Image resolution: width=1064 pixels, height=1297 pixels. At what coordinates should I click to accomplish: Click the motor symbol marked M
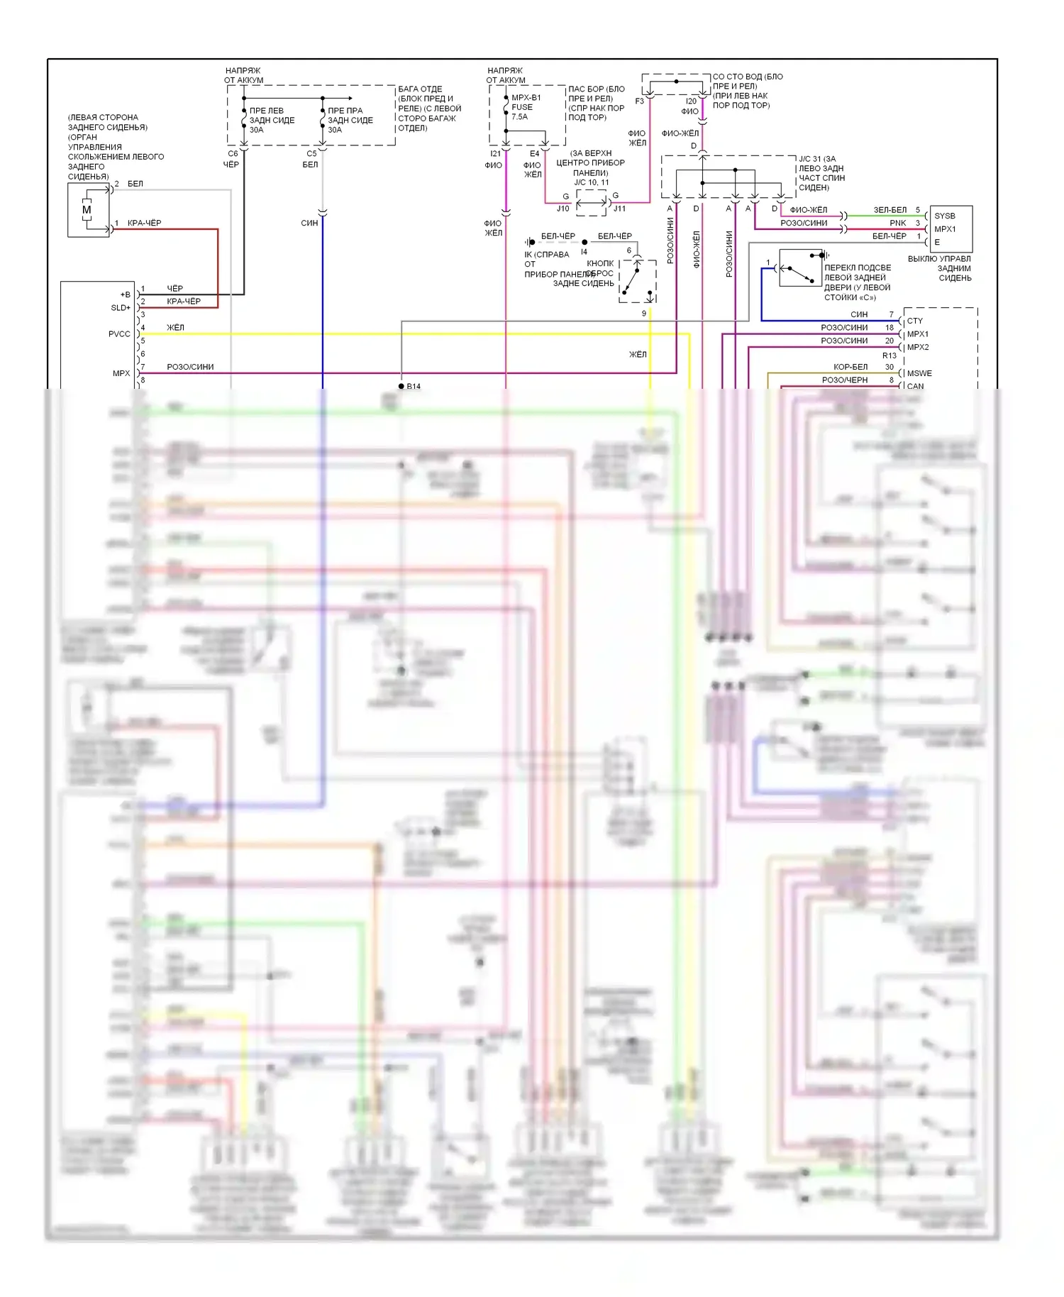pyautogui.click(x=87, y=210)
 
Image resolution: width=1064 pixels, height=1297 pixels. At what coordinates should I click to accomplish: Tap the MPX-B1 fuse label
pyautogui.click(x=526, y=98)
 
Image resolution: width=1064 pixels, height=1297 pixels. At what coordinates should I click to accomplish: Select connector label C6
pyautogui.click(x=233, y=153)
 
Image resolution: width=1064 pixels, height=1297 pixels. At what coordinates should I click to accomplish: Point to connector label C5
pyautogui.click(x=311, y=153)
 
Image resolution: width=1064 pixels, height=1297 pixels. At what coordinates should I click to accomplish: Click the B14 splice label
pyautogui.click(x=413, y=387)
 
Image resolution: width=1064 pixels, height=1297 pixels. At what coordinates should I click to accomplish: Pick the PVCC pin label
pyautogui.click(x=119, y=334)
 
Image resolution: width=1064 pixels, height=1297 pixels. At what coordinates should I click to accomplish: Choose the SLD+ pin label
pyautogui.click(x=121, y=308)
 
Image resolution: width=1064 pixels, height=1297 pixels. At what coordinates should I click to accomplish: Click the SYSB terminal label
pyautogui.click(x=944, y=216)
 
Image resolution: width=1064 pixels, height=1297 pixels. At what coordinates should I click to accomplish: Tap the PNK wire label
pyautogui.click(x=897, y=223)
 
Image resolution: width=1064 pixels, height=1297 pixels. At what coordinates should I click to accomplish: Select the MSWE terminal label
pyautogui.click(x=919, y=373)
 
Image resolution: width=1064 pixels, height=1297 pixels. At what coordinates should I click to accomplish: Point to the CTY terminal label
pyautogui.click(x=914, y=321)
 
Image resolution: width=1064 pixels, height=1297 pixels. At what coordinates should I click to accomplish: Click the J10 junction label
pyautogui.click(x=563, y=209)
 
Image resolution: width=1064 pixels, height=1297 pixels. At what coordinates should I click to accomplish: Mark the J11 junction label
pyautogui.click(x=619, y=209)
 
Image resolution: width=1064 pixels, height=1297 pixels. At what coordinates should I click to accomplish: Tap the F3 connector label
pyautogui.click(x=639, y=101)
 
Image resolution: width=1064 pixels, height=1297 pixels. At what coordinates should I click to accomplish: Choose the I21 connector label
pyautogui.click(x=495, y=153)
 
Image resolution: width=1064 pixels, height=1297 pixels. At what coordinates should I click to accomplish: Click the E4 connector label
pyautogui.click(x=534, y=153)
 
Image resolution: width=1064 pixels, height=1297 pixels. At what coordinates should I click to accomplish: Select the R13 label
pyautogui.click(x=889, y=355)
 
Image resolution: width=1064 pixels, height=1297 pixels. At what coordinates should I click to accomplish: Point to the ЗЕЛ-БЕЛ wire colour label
pyautogui.click(x=890, y=210)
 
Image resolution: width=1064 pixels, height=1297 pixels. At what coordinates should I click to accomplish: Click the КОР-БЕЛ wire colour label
pyautogui.click(x=850, y=367)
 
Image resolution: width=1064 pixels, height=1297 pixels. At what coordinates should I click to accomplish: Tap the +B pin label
pyautogui.click(x=125, y=294)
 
